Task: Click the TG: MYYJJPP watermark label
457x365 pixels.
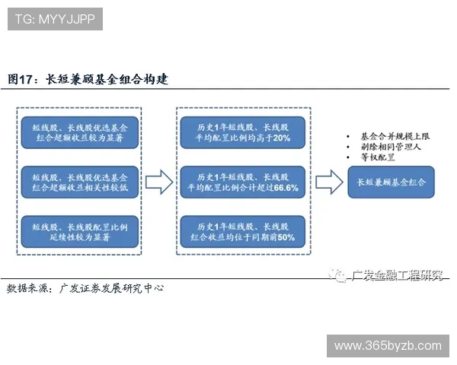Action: [x=56, y=19]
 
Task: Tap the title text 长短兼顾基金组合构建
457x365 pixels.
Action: [x=107, y=79]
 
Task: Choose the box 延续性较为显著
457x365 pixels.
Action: [x=81, y=232]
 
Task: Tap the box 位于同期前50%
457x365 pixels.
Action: [x=243, y=232]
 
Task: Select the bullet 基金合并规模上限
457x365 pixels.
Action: [x=391, y=134]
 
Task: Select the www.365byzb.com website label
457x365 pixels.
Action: [x=388, y=346]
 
